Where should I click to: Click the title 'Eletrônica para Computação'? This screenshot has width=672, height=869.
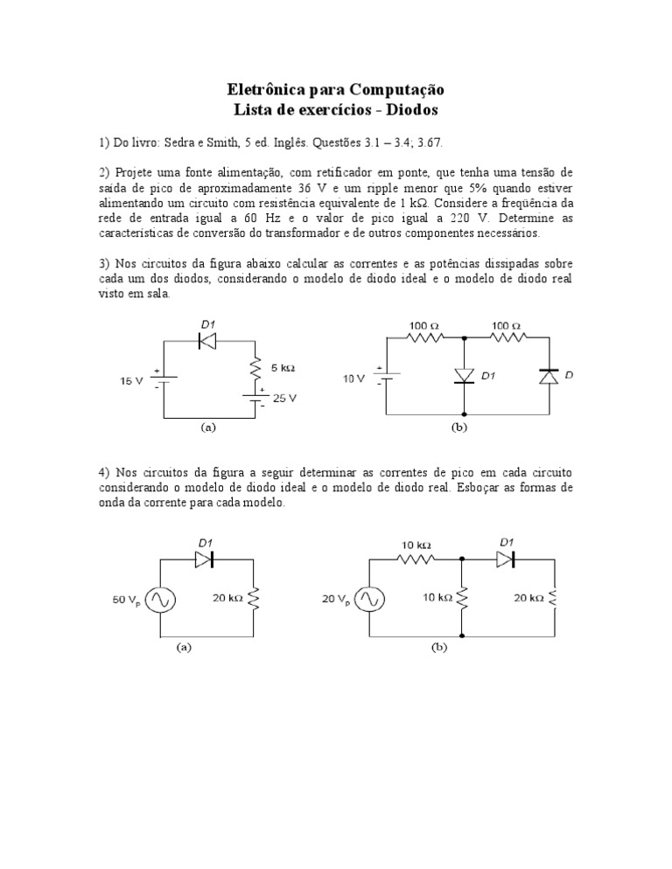(x=336, y=90)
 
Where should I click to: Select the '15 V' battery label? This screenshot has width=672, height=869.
(x=132, y=381)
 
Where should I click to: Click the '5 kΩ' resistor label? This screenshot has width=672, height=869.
(x=283, y=369)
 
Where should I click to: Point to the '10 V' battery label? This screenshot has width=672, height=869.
(x=354, y=379)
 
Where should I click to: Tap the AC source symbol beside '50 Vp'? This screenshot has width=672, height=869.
(x=161, y=600)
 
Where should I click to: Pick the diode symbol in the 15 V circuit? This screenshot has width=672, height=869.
(x=207, y=342)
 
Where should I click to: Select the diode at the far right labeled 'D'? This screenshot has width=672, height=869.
(x=549, y=377)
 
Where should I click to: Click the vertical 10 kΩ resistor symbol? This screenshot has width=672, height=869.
(x=462, y=599)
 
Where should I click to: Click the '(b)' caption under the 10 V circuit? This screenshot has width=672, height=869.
(x=460, y=428)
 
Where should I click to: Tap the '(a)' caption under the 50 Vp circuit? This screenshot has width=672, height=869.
(x=184, y=648)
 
